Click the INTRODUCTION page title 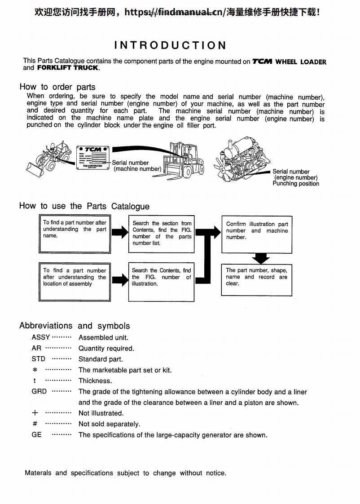click(x=171, y=45)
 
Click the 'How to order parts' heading click(x=57, y=87)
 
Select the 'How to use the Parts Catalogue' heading click(x=84, y=206)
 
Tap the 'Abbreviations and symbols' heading click(x=75, y=326)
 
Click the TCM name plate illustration click(x=93, y=157)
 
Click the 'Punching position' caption click(x=296, y=184)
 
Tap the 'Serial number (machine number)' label click(x=136, y=166)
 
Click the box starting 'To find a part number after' click(x=75, y=234)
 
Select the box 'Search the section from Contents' click(x=162, y=233)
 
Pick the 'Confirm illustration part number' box click(x=257, y=234)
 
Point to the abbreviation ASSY click(x=41, y=337)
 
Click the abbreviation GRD click(x=39, y=391)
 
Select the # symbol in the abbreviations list click(x=35, y=424)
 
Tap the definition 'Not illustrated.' click(x=101, y=413)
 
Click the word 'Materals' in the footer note click(x=38, y=473)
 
